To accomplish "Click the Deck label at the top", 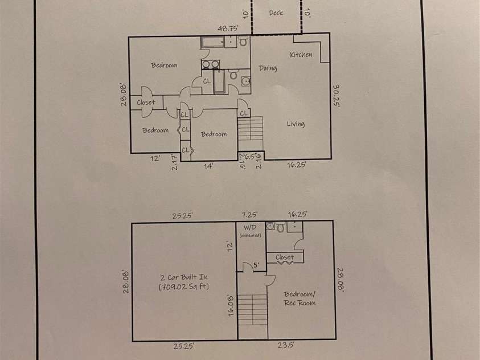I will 276,13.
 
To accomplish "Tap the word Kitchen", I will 301,55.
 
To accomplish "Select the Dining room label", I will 268,68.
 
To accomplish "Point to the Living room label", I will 295,124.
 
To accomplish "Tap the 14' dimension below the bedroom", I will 210,166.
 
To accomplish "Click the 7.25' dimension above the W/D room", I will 249,215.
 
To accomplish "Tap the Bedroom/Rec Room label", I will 300,298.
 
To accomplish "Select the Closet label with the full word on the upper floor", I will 146,103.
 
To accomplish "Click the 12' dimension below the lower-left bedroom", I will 155,159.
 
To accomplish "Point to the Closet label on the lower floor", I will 285,257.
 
